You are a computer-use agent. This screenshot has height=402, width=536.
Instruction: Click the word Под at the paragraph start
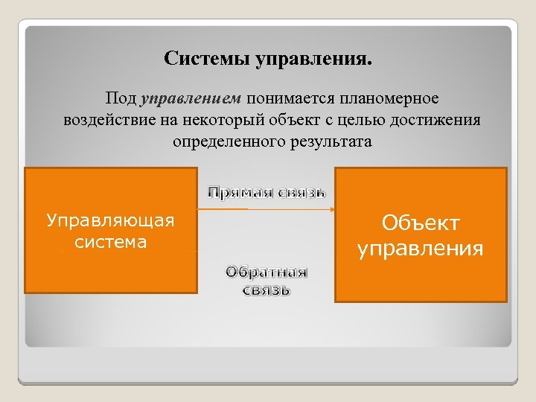121,98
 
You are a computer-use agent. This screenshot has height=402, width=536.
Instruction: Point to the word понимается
291,98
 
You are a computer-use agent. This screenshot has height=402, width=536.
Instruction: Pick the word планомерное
389,98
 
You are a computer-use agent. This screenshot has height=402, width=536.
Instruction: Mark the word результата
330,141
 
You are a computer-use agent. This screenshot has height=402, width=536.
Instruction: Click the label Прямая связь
267,192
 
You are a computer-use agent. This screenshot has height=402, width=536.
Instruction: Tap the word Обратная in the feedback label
267,271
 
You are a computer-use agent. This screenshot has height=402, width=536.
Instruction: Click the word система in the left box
110,242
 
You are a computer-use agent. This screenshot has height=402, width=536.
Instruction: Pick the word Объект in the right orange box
421,223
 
